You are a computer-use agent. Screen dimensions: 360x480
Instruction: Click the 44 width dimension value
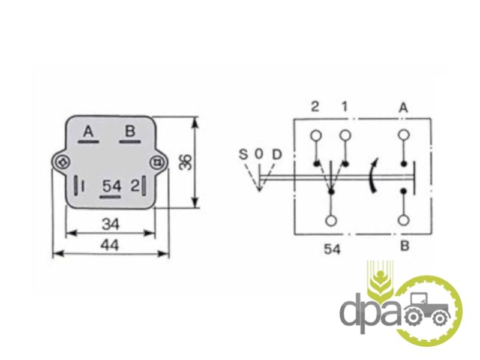pos(110,245)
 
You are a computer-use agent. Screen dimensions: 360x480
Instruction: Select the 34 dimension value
pos(110,224)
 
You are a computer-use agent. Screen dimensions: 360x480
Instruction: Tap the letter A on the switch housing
pos(89,132)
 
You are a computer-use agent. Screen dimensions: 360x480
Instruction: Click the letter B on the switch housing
pos(128,132)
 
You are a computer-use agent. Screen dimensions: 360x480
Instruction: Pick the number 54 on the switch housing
pos(112,186)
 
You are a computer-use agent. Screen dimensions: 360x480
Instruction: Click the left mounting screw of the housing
pos(62,161)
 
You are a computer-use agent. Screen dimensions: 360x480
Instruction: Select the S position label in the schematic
pos(242,155)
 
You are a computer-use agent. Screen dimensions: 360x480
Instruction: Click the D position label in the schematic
pos(276,155)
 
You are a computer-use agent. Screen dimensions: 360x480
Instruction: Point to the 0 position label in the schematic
pos(259,155)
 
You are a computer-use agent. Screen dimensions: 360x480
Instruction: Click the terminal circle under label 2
pos(316,135)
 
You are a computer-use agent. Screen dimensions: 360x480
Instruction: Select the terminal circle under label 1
pos(345,135)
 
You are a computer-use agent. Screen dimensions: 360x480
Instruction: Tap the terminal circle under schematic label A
pos(404,135)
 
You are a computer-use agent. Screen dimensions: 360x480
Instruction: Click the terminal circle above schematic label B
pos(404,220)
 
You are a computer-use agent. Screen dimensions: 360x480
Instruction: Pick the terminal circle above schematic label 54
pos(331,220)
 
